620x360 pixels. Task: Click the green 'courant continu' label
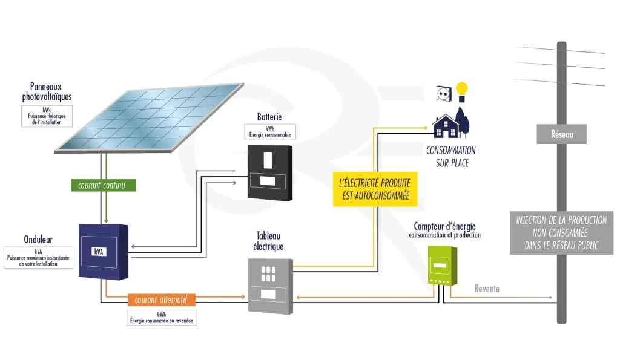(102, 185)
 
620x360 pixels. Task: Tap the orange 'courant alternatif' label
(161, 299)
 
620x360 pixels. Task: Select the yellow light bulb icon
(463, 91)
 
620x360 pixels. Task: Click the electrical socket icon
(444, 93)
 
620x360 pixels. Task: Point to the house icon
(447, 126)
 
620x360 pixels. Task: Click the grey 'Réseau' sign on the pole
(561, 134)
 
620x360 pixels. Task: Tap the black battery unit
(269, 172)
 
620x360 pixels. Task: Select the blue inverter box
(104, 251)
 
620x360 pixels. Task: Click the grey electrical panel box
(270, 285)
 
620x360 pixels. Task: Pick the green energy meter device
(442, 265)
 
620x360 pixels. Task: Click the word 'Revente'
(487, 289)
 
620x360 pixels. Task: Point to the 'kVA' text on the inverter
(99, 251)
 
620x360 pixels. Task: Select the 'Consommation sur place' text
(451, 156)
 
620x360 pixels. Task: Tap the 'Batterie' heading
(269, 117)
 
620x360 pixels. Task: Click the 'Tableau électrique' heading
(269, 241)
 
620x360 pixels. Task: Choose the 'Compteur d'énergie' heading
(444, 226)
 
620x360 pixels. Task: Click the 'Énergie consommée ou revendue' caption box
(162, 318)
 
